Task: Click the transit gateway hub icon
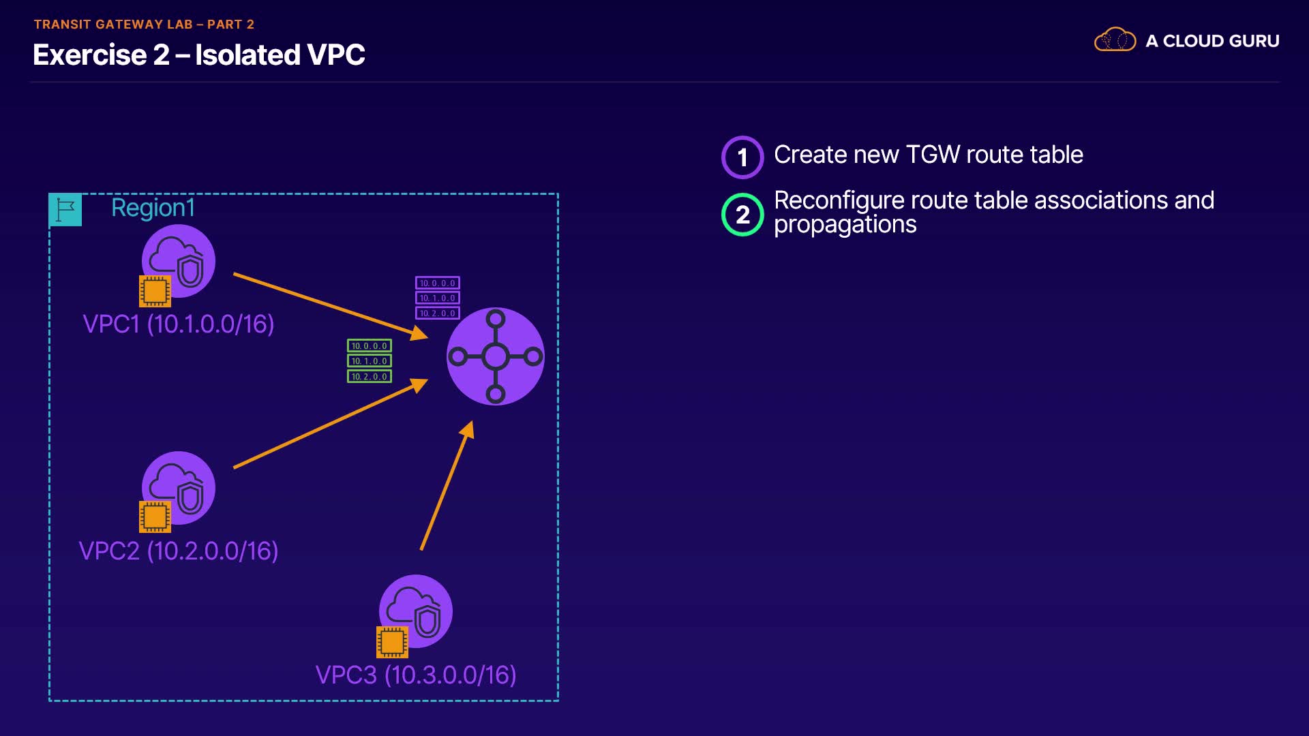pyautogui.click(x=495, y=356)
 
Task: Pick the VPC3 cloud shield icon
pyautogui.click(x=417, y=611)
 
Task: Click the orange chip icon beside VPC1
pyautogui.click(x=155, y=291)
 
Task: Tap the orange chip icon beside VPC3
pyautogui.click(x=392, y=642)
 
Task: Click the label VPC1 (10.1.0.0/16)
pyautogui.click(x=179, y=324)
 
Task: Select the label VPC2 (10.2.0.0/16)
pyautogui.click(x=179, y=551)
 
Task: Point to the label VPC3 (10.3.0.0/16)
pyautogui.click(x=416, y=675)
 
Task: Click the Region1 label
pyautogui.click(x=153, y=208)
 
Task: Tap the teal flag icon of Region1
pyautogui.click(x=65, y=210)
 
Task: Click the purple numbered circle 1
pyautogui.click(x=742, y=157)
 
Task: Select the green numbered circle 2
pyautogui.click(x=742, y=215)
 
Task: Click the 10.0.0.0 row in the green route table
pyautogui.click(x=370, y=346)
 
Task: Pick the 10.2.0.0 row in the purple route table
pyautogui.click(x=438, y=313)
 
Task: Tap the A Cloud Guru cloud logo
pyautogui.click(x=1115, y=40)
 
